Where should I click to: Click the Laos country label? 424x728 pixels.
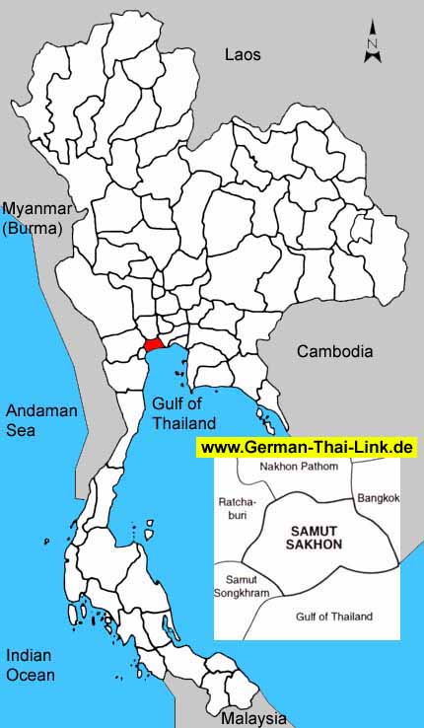click(x=242, y=55)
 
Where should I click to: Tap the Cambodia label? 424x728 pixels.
click(x=335, y=351)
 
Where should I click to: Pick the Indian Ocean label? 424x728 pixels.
click(x=31, y=665)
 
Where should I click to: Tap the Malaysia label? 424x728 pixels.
click(x=253, y=718)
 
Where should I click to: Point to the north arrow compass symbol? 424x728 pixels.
click(x=372, y=43)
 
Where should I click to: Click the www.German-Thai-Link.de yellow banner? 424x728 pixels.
click(x=307, y=447)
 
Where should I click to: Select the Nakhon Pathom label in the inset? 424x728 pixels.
click(x=298, y=466)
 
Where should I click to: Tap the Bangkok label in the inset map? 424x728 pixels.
click(x=379, y=498)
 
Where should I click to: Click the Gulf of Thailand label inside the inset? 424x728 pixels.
click(x=334, y=617)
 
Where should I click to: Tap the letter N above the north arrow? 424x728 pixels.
click(x=372, y=44)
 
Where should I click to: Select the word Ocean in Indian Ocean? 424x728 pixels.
click(x=31, y=675)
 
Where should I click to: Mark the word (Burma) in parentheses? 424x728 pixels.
click(x=33, y=228)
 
